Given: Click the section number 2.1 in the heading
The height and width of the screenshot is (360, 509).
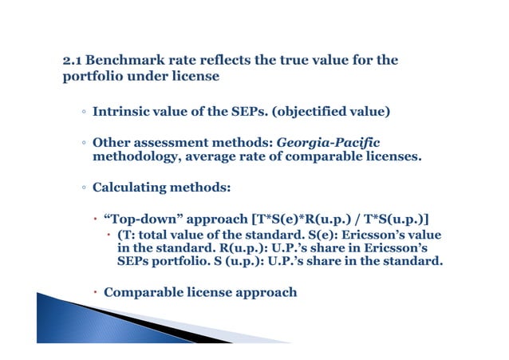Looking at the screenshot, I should coord(73,61).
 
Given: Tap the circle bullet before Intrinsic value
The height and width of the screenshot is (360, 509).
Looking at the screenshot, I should coord(83,113).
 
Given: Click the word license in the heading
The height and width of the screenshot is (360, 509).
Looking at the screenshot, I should coord(194,77).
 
